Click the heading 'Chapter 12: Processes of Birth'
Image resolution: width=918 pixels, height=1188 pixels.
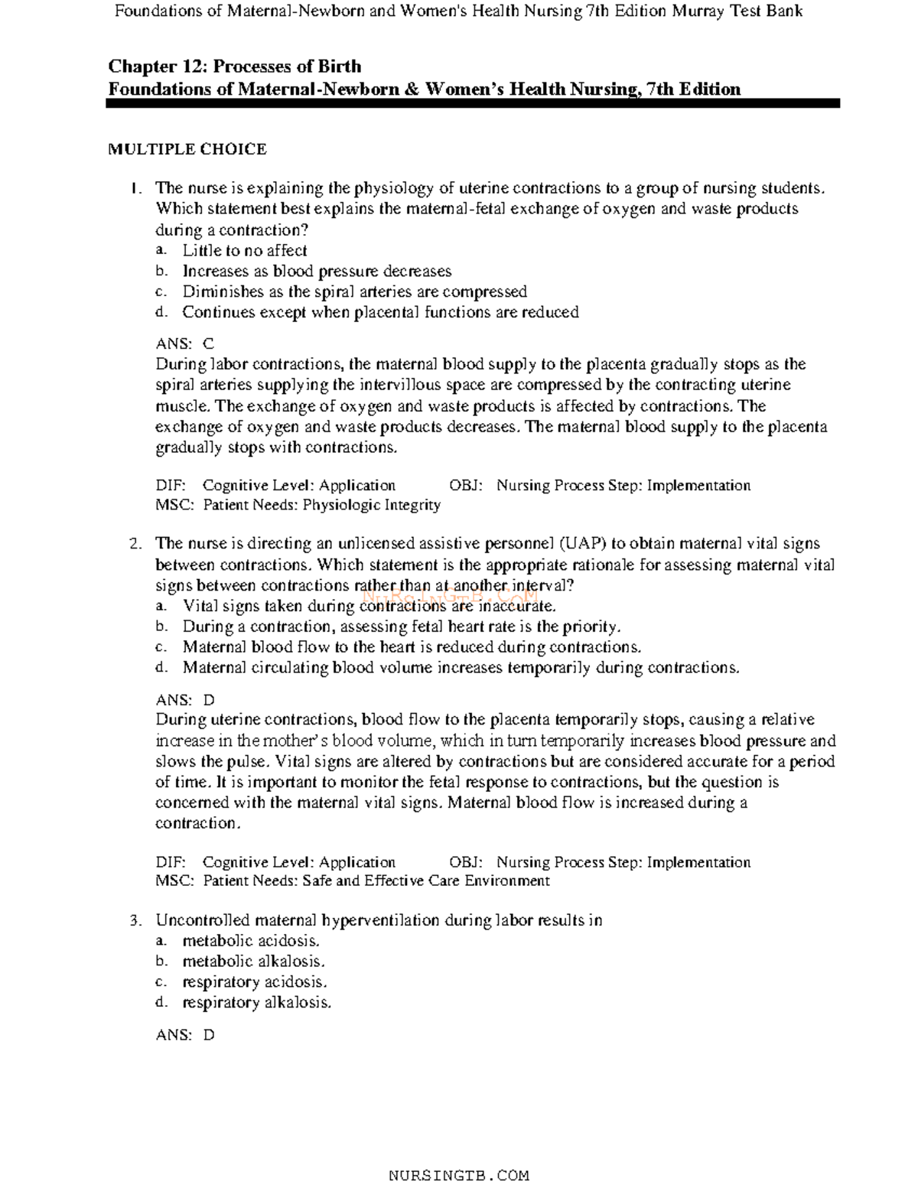pyautogui.click(x=234, y=67)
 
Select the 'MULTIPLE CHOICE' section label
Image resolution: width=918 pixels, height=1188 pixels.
pyautogui.click(x=187, y=149)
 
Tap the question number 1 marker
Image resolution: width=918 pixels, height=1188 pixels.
pyautogui.click(x=135, y=188)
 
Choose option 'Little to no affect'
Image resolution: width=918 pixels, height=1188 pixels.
pyautogui.click(x=244, y=250)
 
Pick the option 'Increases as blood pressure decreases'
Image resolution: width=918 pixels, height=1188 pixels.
pyautogui.click(x=316, y=271)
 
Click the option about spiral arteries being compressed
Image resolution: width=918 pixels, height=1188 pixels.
pyautogui.click(x=354, y=291)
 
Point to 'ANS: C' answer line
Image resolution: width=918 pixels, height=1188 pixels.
pyautogui.click(x=185, y=344)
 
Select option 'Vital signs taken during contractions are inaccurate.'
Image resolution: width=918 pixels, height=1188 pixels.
pyautogui.click(x=369, y=606)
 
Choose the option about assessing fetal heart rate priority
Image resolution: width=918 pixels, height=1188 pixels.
pyautogui.click(x=401, y=627)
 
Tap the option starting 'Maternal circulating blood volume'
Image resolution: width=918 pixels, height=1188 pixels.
pyautogui.click(x=461, y=668)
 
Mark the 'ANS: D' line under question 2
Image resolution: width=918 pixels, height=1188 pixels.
pyautogui.click(x=185, y=700)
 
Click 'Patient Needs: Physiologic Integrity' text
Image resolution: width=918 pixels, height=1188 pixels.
pyautogui.click(x=321, y=505)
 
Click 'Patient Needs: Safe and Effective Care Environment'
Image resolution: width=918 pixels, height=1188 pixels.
pyautogui.click(x=376, y=880)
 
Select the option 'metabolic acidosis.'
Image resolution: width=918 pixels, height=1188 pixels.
pyautogui.click(x=250, y=941)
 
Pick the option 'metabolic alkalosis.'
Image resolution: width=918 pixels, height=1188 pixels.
pyautogui.click(x=253, y=962)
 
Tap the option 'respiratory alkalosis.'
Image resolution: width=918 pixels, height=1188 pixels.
pyautogui.click(x=256, y=1003)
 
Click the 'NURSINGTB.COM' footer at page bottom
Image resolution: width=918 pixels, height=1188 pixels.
pyautogui.click(x=459, y=1175)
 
